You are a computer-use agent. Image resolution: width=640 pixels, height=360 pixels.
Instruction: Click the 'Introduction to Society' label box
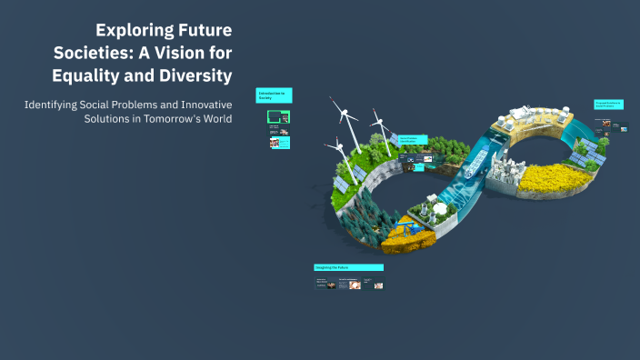[274, 96]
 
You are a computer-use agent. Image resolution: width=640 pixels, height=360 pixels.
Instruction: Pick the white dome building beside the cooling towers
[443, 207]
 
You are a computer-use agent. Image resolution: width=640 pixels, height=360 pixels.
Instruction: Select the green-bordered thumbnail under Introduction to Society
[278, 116]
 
